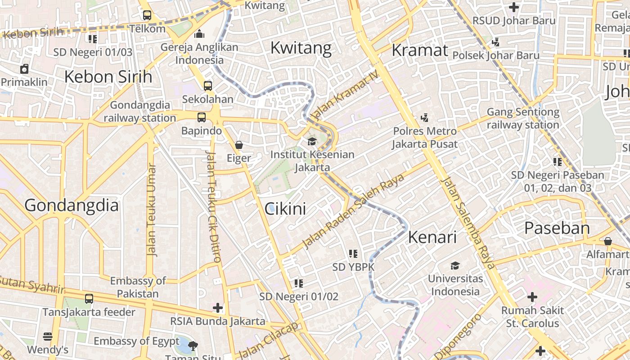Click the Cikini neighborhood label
[285, 209]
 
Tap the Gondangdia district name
[72, 206]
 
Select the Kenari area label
[432, 237]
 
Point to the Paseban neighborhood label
[557, 228]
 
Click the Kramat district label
[420, 50]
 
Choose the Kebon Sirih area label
[108, 77]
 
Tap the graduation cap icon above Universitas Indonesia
[455, 265]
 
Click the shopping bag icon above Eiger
[239, 145]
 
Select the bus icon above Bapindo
[202, 117]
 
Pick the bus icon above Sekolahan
[208, 85]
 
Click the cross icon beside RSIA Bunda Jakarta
[218, 308]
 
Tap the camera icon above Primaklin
[24, 69]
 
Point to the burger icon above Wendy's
[48, 336]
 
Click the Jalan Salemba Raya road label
[468, 223]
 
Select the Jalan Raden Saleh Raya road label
[353, 211]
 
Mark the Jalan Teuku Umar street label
[152, 210]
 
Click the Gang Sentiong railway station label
[523, 118]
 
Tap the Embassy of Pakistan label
[138, 287]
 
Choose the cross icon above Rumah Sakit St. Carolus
[532, 297]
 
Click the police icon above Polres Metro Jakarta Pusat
[424, 118]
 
